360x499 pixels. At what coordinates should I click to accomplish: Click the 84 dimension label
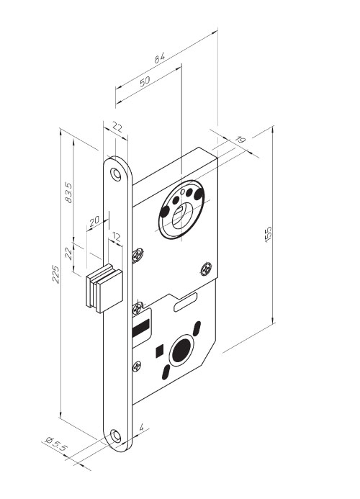tap(160, 58)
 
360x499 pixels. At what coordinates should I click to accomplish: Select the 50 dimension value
tap(145, 81)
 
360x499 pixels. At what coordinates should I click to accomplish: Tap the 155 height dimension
tap(269, 234)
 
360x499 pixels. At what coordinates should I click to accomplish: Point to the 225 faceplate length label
tap(55, 274)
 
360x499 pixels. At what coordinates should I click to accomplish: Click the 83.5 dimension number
tap(68, 192)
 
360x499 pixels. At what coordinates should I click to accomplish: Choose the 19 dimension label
tap(240, 140)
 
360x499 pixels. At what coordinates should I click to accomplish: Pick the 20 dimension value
tap(94, 221)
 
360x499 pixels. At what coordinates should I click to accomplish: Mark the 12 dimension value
tap(116, 236)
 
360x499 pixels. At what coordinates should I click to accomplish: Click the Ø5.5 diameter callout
tap(57, 444)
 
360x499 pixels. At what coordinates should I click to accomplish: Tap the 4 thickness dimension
tap(142, 427)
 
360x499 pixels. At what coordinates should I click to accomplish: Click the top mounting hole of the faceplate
tap(115, 174)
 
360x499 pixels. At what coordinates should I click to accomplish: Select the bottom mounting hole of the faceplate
tap(115, 436)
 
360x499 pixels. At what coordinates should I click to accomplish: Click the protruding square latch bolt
tap(104, 288)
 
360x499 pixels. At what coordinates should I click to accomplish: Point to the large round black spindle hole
tap(181, 350)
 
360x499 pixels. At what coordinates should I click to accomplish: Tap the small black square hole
tap(159, 351)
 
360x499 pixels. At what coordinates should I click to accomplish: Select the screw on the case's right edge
tap(206, 269)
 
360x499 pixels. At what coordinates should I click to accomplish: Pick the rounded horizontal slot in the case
tap(186, 302)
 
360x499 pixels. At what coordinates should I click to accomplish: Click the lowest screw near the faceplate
tap(137, 367)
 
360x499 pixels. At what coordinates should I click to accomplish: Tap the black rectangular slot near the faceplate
tap(140, 330)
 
